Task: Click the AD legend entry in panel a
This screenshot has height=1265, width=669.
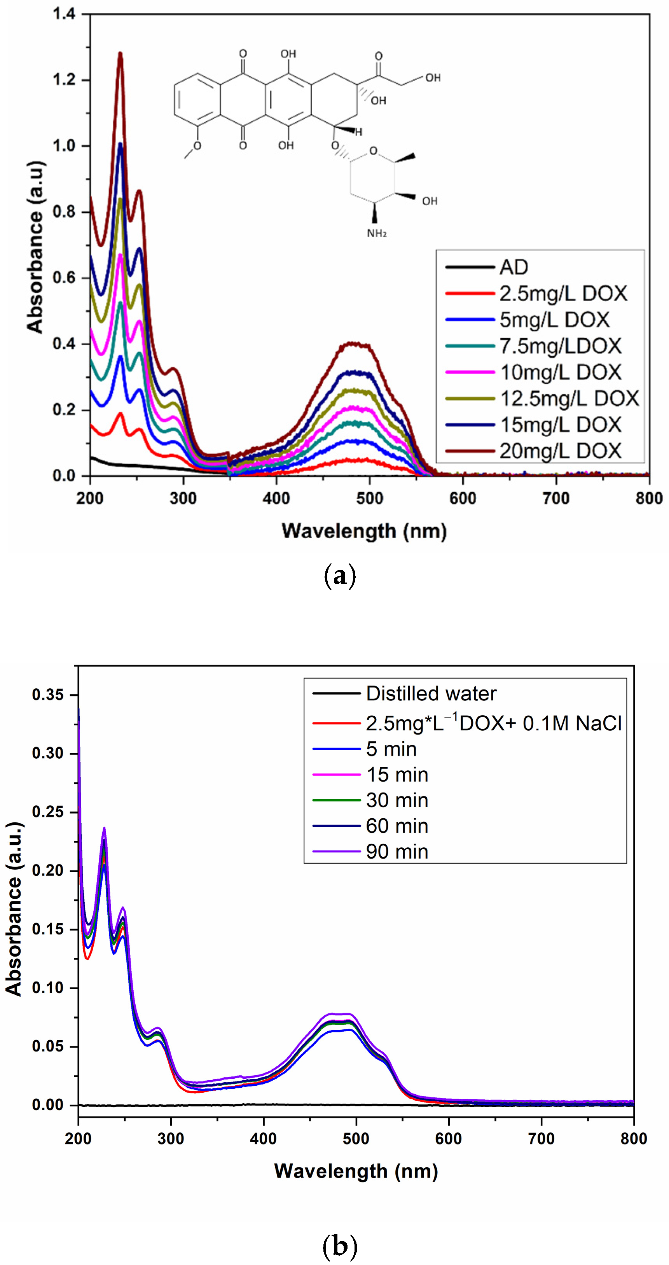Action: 514,267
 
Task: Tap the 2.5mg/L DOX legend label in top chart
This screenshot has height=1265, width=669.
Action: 563,294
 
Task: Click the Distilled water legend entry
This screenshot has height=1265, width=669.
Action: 431,693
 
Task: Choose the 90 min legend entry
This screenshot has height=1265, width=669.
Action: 397,852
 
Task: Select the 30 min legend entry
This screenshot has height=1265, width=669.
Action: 397,800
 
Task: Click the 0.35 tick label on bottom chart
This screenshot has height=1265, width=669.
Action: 47,695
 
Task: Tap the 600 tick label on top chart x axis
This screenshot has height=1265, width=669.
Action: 462,499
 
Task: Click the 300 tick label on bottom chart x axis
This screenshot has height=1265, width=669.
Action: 171,1138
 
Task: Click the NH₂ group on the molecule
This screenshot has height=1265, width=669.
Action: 376,234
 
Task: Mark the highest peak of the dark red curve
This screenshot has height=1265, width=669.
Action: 120,53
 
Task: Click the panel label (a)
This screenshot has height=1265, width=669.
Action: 340,576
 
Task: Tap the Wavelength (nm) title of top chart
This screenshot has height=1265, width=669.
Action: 364,531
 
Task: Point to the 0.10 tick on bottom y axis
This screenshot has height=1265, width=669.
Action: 47,988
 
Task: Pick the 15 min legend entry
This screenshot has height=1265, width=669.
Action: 397,775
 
